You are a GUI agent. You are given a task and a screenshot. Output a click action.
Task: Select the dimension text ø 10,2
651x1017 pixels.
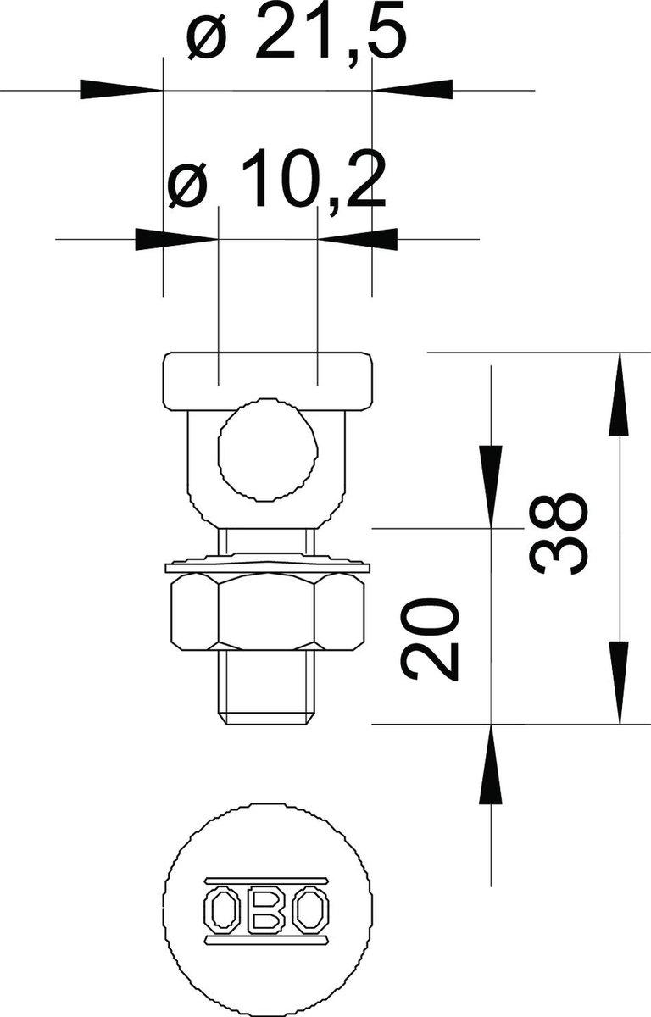pos(277,180)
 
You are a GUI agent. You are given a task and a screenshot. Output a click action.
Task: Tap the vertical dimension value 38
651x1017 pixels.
pos(559,535)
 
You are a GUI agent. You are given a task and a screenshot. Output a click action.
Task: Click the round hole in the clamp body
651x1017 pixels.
pos(268,449)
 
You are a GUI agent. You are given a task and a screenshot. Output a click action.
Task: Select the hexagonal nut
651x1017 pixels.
pos(268,612)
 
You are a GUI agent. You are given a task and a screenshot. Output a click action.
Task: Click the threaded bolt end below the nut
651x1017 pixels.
pos(267,687)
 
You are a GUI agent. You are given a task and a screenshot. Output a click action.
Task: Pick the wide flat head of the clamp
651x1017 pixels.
pos(268,381)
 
